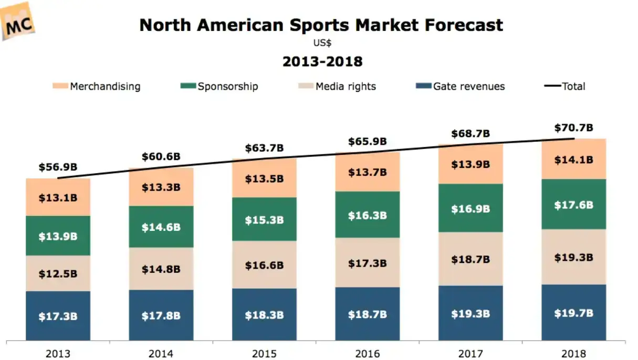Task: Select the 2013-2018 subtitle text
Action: point(322,61)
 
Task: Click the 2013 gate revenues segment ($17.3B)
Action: point(58,316)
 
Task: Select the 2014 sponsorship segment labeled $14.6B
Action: point(161,227)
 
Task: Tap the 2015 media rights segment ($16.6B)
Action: point(264,266)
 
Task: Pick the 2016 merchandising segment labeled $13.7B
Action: point(368,172)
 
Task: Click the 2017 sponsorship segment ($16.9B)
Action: point(470,208)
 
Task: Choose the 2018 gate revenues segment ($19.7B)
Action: point(573,313)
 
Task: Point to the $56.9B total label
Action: point(58,167)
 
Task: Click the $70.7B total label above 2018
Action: point(573,128)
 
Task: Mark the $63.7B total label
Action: point(264,148)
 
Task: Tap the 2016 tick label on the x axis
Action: point(368,353)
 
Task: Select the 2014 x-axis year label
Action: point(161,353)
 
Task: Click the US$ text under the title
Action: point(322,43)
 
